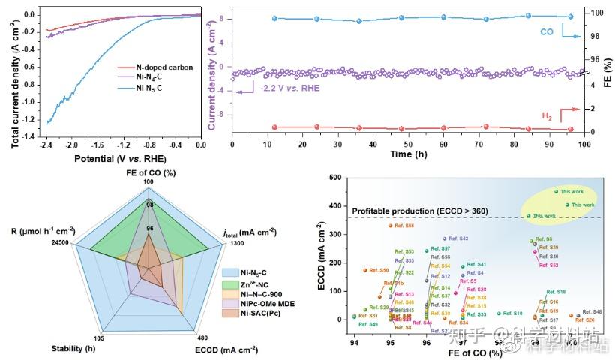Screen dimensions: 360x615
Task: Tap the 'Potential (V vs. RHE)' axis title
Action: tap(119, 159)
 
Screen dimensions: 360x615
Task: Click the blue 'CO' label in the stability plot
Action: tap(548, 33)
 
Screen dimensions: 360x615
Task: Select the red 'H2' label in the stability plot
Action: tap(549, 115)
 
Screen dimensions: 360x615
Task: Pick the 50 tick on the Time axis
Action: tap(408, 145)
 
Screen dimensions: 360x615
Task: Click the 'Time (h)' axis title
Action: tap(408, 154)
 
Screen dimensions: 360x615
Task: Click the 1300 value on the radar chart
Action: tap(232, 242)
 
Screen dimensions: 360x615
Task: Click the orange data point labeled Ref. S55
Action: tap(390, 225)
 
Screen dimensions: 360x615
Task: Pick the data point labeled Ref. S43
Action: tap(445, 238)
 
